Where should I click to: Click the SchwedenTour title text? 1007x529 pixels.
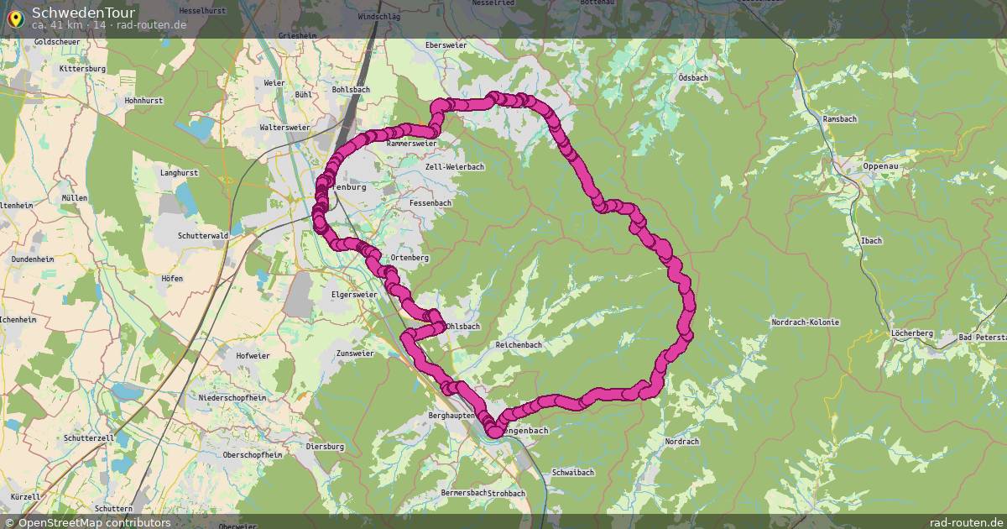click(x=71, y=13)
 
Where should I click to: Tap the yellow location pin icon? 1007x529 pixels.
click(x=15, y=18)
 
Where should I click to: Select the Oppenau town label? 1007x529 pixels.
click(x=880, y=166)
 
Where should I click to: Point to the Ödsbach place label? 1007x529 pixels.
click(x=692, y=78)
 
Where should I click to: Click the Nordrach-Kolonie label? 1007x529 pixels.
click(x=805, y=322)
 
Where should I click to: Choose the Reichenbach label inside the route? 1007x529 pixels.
click(x=519, y=345)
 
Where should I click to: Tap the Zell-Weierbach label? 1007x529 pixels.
click(x=455, y=167)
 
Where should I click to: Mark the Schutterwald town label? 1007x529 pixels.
click(x=203, y=237)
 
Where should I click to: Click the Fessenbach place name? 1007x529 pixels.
click(x=430, y=203)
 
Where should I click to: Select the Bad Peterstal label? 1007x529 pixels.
click(x=983, y=337)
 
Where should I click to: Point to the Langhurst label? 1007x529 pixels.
click(x=178, y=173)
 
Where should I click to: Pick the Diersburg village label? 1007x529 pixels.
click(x=326, y=446)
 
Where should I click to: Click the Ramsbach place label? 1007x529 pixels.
click(x=839, y=119)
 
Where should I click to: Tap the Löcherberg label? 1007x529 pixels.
click(x=913, y=333)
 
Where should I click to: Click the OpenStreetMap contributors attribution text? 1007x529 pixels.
click(x=94, y=522)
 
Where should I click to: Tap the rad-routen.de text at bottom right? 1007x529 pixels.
click(x=966, y=522)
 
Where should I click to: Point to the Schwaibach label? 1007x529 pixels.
click(x=573, y=473)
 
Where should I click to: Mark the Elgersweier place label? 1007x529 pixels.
click(x=355, y=296)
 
